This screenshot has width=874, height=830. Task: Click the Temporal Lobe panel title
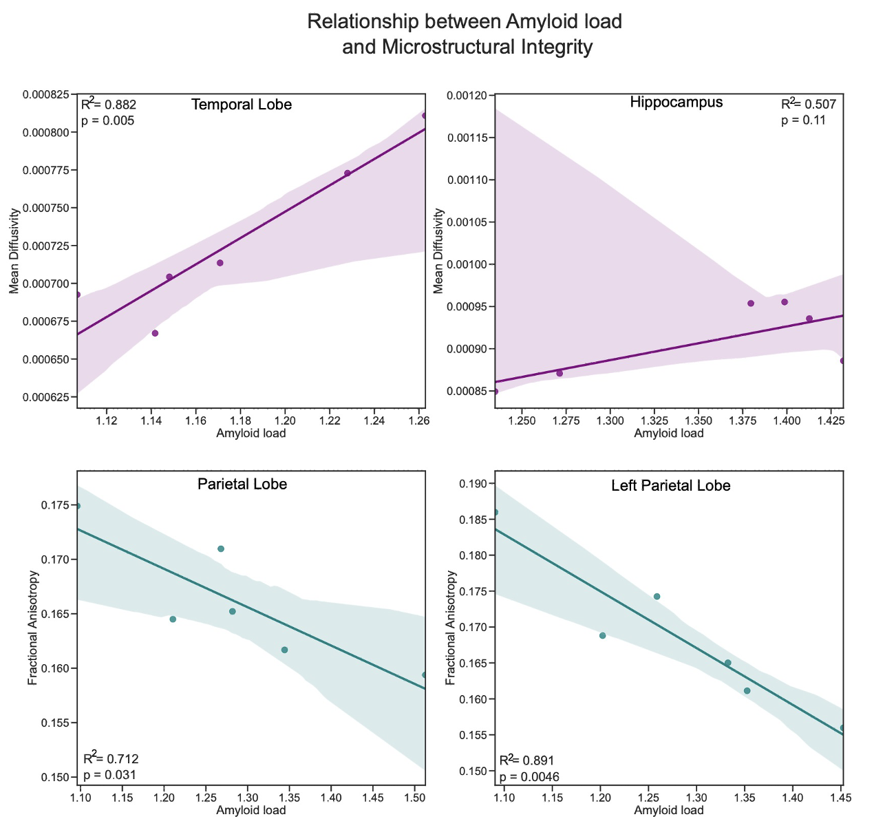(x=241, y=105)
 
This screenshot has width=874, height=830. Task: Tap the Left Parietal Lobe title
(x=670, y=485)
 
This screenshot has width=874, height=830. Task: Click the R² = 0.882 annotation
(x=109, y=105)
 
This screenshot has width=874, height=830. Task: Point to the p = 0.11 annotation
(x=803, y=120)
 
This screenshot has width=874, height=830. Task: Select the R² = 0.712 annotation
(x=111, y=758)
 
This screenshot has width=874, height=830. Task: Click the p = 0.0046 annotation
(x=529, y=776)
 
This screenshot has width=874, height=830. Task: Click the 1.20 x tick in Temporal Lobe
(x=285, y=420)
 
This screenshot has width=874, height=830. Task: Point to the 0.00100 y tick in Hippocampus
(x=469, y=265)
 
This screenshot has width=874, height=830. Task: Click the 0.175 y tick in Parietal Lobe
(x=56, y=506)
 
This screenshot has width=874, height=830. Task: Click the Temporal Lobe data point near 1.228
(x=348, y=173)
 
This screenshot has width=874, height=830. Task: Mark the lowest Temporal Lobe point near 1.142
(x=155, y=333)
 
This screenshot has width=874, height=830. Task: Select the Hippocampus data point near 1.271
(x=559, y=373)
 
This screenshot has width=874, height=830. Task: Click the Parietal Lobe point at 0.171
(x=221, y=549)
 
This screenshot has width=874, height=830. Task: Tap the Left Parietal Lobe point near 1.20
(x=602, y=635)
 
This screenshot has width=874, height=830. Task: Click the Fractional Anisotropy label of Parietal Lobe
(x=32, y=628)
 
